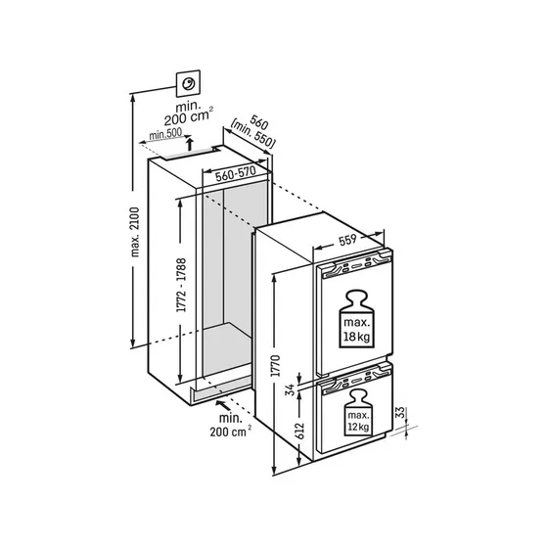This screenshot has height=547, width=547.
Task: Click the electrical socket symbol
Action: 188,83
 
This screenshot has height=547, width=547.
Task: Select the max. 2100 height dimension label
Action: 135,232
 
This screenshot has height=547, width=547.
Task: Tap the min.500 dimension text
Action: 165,134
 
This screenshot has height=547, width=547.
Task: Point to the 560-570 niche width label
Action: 236,173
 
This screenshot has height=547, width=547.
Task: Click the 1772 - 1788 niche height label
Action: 181,285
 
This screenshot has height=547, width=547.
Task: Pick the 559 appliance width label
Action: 347,240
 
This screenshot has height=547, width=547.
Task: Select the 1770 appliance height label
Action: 276,365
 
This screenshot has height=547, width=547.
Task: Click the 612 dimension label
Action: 299,432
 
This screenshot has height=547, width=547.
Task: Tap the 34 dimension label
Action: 290,389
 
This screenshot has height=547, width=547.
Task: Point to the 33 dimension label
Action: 401,412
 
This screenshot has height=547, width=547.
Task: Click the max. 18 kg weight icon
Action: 356,319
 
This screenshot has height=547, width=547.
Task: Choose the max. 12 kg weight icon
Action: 357,413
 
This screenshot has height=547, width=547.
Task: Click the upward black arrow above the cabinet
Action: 190,144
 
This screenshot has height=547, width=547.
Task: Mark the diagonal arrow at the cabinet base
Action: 223,405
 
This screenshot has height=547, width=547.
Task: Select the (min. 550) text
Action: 252,134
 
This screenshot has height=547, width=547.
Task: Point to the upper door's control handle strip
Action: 357,265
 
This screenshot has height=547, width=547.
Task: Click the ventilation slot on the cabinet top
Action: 190,155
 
